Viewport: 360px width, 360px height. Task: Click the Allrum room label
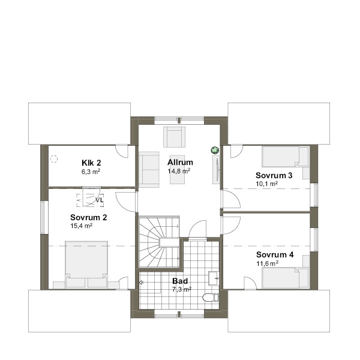tap(180, 163)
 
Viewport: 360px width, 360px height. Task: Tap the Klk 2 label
tap(91, 163)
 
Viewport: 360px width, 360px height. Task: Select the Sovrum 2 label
tap(89, 217)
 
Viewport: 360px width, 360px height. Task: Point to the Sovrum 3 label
tap(274, 175)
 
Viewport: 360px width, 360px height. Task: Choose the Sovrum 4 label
tap(275, 254)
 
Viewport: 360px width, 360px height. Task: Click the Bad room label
tap(180, 281)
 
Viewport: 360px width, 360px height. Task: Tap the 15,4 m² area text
tap(81, 226)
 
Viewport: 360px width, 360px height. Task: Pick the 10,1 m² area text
tap(267, 184)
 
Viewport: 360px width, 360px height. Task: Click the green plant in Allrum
tap(215, 151)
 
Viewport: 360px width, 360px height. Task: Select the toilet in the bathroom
tap(211, 298)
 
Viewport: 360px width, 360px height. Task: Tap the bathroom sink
tap(214, 278)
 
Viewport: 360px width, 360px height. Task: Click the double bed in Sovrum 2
tap(86, 264)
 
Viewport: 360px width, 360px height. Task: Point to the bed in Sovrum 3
tap(285, 157)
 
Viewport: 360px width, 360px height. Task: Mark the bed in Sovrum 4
tap(285, 278)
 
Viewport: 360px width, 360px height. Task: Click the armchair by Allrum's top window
tap(174, 137)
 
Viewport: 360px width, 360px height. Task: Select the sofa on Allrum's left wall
tap(149, 169)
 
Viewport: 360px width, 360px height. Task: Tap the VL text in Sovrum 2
tap(100, 200)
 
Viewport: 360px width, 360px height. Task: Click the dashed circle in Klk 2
tap(54, 159)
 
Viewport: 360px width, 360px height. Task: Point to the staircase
tap(159, 242)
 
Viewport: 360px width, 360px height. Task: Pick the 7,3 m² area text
tap(182, 289)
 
